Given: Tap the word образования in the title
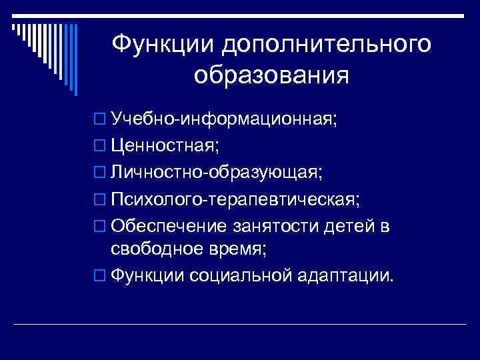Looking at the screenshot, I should coord(271,75).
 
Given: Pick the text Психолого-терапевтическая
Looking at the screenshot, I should coord(235,200).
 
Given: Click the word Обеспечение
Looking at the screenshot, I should coord(169,227).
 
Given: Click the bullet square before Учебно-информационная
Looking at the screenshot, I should coord(100,120).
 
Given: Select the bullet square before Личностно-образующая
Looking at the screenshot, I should coord(100,174).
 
